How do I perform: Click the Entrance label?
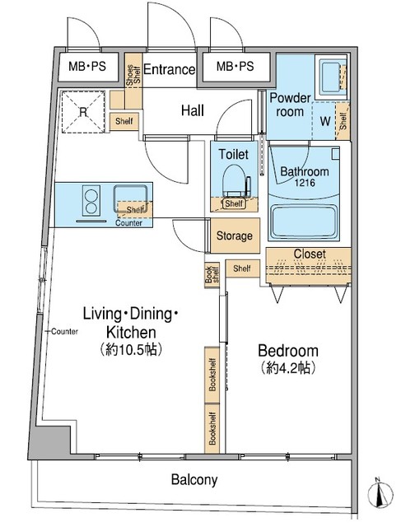pyautogui.click(x=170, y=70)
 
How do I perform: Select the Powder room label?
pyautogui.click(x=291, y=104)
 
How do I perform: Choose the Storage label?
pyautogui.click(x=235, y=236)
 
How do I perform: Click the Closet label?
pyautogui.click(x=309, y=254)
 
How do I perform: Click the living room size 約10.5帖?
pyautogui.click(x=132, y=348)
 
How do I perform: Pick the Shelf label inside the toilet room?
pyautogui.click(x=233, y=203)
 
